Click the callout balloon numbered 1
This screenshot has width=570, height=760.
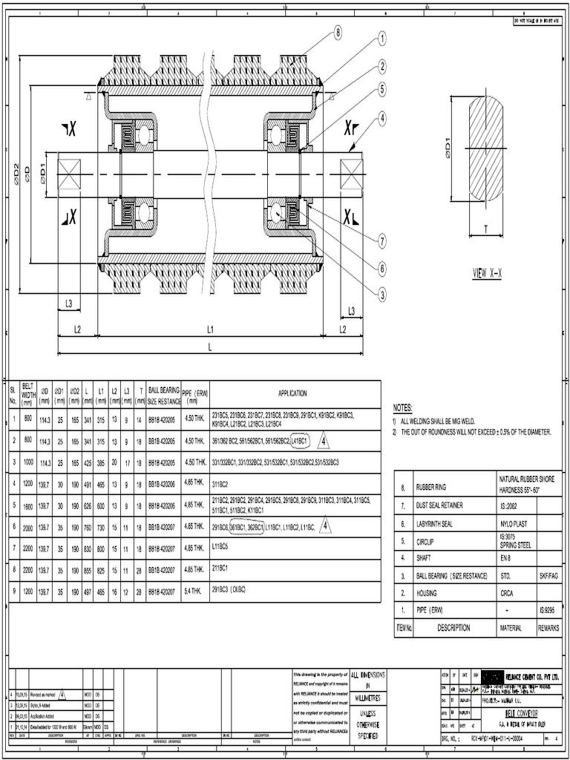click(x=382, y=39)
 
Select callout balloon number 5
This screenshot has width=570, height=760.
click(x=382, y=89)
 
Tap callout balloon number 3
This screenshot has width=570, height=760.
click(x=382, y=294)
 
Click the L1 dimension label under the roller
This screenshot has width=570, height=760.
click(x=210, y=329)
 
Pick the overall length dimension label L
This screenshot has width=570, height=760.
click(x=210, y=347)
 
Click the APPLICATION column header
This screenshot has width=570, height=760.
click(x=292, y=394)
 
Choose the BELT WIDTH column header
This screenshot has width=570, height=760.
click(x=28, y=394)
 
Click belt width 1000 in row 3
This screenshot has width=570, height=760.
click(x=28, y=462)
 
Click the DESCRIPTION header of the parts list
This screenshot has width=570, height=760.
click(x=453, y=627)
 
